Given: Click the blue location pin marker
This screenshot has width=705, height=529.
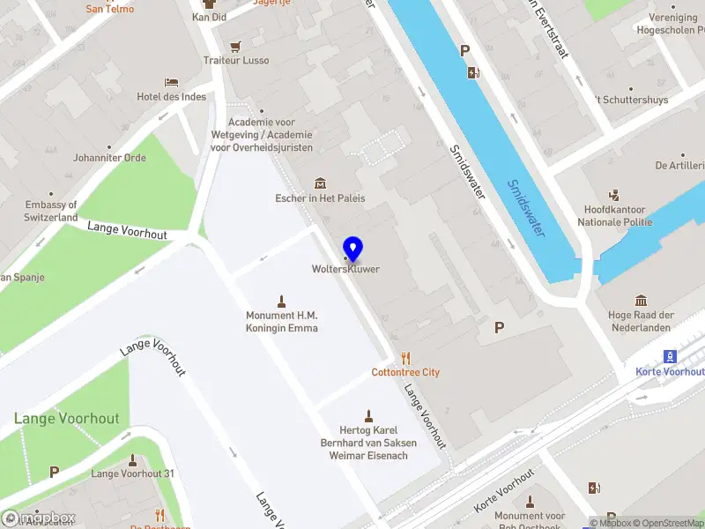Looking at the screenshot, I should [352, 250].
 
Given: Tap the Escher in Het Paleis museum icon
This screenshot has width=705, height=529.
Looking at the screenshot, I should [320, 183].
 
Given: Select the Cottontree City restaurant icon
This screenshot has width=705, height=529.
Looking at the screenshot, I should [405, 357].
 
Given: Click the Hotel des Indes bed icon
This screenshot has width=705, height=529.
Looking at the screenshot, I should [171, 82].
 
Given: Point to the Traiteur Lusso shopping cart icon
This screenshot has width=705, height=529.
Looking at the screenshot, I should [235, 46].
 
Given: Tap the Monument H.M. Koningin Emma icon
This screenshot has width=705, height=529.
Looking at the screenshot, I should [282, 301].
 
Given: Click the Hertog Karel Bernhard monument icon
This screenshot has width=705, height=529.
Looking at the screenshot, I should [369, 415].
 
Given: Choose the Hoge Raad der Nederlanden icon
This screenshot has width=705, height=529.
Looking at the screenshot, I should [641, 300].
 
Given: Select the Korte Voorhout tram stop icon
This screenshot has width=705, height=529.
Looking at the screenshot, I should [671, 356].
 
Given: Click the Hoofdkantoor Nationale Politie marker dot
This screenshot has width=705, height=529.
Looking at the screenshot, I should [615, 195].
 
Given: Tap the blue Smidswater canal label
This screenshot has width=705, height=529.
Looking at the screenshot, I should [525, 208].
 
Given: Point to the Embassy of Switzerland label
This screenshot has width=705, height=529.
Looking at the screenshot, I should [39, 211].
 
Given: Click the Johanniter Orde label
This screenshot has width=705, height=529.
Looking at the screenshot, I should [109, 158].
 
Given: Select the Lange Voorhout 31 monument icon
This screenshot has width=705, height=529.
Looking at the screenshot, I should [133, 459].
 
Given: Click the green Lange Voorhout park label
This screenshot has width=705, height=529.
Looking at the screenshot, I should [66, 419].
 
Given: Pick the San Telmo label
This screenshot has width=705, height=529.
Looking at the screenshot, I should [110, 9].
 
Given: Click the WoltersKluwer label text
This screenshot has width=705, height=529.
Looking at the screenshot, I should [345, 269].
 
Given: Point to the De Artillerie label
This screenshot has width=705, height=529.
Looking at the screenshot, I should [679, 165].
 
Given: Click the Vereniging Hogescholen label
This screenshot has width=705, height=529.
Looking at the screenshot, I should [671, 23].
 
